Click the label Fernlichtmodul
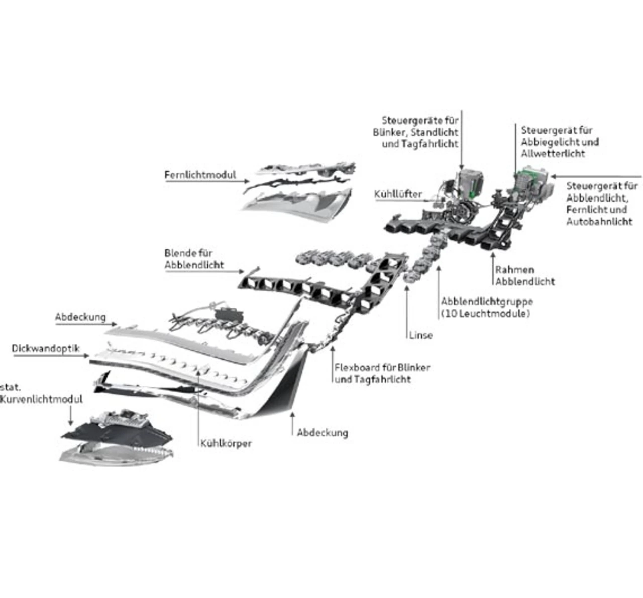(x=200, y=175)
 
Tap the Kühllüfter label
(x=398, y=194)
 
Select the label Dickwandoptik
(x=46, y=348)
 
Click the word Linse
(x=420, y=335)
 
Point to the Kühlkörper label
(x=226, y=443)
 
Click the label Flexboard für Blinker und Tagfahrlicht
(x=382, y=373)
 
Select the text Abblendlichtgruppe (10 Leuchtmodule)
(x=486, y=307)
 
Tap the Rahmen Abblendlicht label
(x=524, y=276)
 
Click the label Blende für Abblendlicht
(x=194, y=259)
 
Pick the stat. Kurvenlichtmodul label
(x=40, y=393)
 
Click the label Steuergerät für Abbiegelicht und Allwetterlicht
(x=560, y=142)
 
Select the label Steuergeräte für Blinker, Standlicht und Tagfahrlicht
(x=416, y=132)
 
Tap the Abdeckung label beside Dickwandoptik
(x=80, y=317)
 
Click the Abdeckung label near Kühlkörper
(x=322, y=432)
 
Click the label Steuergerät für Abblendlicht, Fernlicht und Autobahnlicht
(x=601, y=204)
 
